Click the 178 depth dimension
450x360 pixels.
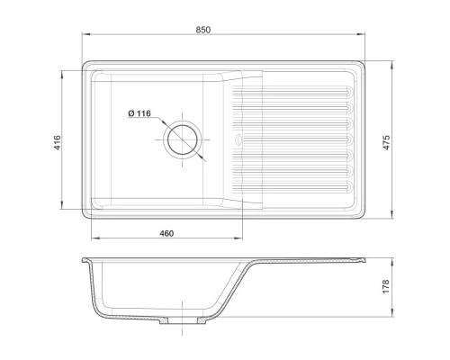(386, 286)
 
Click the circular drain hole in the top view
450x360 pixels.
(184, 139)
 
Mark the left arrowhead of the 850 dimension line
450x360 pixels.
(83, 38)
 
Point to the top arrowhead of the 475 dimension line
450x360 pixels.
(393, 64)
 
